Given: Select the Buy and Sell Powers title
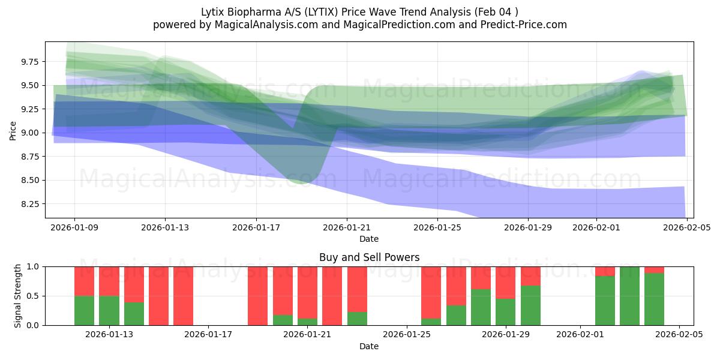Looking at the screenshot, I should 369,257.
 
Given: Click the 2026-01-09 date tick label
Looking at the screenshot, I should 74,227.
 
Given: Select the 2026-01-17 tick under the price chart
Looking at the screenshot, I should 256,227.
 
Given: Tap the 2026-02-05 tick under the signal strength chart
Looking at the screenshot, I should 679,335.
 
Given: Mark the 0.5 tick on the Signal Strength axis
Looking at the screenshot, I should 34,296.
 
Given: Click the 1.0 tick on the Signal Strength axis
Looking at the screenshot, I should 34,266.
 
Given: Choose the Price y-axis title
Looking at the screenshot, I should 13,130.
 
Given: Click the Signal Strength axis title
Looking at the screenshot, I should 18,296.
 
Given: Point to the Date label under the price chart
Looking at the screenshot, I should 369,239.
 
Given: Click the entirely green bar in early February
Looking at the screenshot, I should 629,296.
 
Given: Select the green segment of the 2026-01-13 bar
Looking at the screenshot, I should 109,311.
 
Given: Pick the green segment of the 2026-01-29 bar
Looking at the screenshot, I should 506,312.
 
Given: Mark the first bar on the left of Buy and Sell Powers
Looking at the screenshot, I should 84,296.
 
